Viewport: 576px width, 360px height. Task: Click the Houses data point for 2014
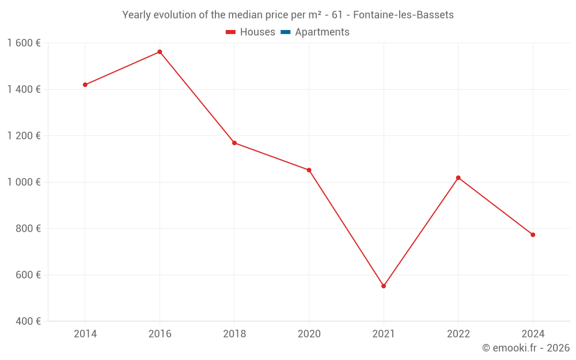(x=85, y=85)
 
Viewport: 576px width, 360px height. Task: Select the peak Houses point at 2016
(x=160, y=52)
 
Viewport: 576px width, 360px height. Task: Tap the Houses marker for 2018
(x=234, y=143)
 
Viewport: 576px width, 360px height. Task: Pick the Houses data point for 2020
(x=309, y=170)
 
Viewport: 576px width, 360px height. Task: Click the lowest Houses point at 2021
(x=384, y=286)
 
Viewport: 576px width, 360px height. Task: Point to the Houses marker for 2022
(x=458, y=177)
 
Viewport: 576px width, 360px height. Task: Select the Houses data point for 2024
(x=533, y=234)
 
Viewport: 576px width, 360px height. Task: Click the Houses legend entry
(x=251, y=32)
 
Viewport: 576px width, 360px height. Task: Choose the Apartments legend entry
(x=315, y=32)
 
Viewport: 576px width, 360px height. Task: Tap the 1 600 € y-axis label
(x=24, y=43)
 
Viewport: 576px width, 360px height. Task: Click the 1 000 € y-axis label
(x=24, y=182)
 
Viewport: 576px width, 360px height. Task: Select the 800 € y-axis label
(x=27, y=229)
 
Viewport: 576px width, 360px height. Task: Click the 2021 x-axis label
(x=384, y=334)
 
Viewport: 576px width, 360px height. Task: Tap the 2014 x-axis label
(x=85, y=334)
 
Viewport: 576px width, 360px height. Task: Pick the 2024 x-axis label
(x=533, y=334)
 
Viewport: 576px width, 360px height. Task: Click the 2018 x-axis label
(x=234, y=334)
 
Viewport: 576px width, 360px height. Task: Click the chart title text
(x=288, y=15)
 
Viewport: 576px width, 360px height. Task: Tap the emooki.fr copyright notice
(x=526, y=348)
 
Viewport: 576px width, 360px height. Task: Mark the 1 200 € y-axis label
(x=24, y=136)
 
